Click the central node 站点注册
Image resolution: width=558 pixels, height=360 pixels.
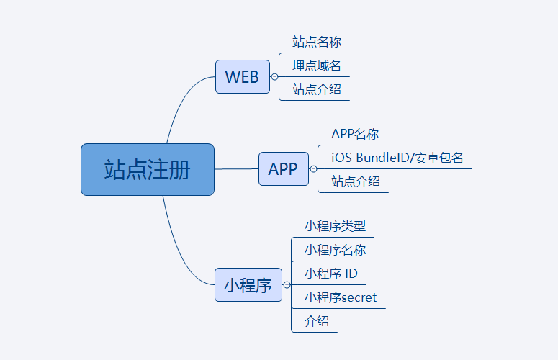[x=148, y=169]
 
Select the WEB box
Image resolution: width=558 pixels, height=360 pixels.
[x=243, y=77]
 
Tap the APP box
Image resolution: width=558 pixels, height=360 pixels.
[x=283, y=168]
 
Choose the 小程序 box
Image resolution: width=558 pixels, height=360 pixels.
[x=248, y=285]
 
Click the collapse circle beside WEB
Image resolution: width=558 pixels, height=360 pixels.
[x=274, y=77]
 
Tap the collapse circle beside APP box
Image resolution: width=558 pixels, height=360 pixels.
[x=313, y=169]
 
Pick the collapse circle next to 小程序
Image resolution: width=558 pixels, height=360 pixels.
[x=287, y=285]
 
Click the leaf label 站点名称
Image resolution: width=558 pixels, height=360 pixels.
[x=317, y=42]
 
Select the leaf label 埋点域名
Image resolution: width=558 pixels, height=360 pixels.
[x=317, y=66]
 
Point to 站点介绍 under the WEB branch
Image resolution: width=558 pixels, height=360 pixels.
[x=317, y=89]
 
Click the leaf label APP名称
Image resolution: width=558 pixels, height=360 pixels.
[x=355, y=134]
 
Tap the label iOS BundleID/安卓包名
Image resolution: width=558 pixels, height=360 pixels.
[x=397, y=158]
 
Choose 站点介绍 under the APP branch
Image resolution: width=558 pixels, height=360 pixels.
[x=356, y=181]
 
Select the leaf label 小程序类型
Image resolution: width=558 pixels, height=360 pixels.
[x=336, y=226]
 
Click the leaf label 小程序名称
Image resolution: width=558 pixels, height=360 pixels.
[x=336, y=250]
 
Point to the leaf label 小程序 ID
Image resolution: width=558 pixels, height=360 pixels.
[x=331, y=274]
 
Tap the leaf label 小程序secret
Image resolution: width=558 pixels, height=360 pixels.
[x=341, y=297]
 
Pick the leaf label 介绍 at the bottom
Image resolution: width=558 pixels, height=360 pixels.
[x=316, y=321]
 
